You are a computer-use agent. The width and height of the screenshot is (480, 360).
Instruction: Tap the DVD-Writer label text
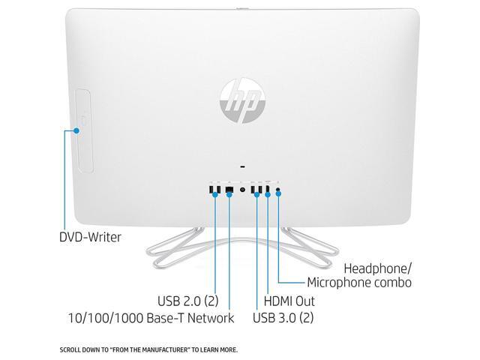tap(90, 237)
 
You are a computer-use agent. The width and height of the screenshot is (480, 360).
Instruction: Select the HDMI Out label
tap(289, 301)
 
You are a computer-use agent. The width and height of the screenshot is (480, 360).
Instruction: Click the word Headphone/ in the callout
tap(379, 268)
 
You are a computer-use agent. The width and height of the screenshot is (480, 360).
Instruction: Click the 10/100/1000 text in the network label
tap(118, 318)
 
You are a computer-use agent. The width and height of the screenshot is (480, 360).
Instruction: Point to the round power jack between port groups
tap(242, 188)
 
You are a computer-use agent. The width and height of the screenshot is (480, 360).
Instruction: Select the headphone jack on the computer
tap(279, 187)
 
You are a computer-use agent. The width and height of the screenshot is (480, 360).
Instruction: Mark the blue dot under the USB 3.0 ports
tap(256, 194)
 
